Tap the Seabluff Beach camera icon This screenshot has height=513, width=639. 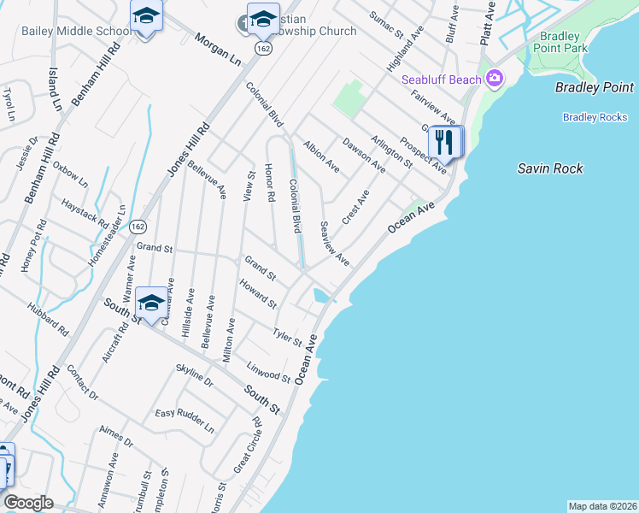(494, 80)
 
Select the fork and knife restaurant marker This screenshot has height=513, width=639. (443, 142)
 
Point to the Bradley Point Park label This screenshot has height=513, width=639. (560, 43)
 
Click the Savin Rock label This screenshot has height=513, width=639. (550, 168)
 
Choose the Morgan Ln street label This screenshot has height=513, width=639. (218, 52)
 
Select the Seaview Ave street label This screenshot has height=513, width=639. (334, 243)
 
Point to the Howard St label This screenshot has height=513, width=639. (258, 293)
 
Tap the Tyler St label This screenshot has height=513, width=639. (287, 336)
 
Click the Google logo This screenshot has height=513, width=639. (28, 503)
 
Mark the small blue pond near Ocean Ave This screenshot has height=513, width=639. (322, 296)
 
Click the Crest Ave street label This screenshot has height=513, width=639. (355, 208)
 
